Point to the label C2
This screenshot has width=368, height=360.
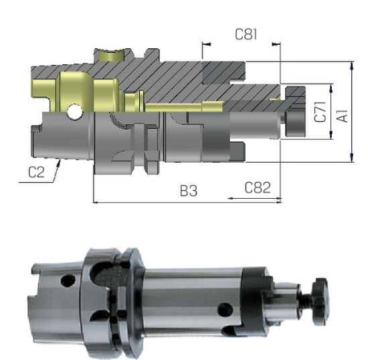(x=37, y=172)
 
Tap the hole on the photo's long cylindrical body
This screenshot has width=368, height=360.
(x=225, y=308)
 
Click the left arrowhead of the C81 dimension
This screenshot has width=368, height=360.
(x=205, y=45)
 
